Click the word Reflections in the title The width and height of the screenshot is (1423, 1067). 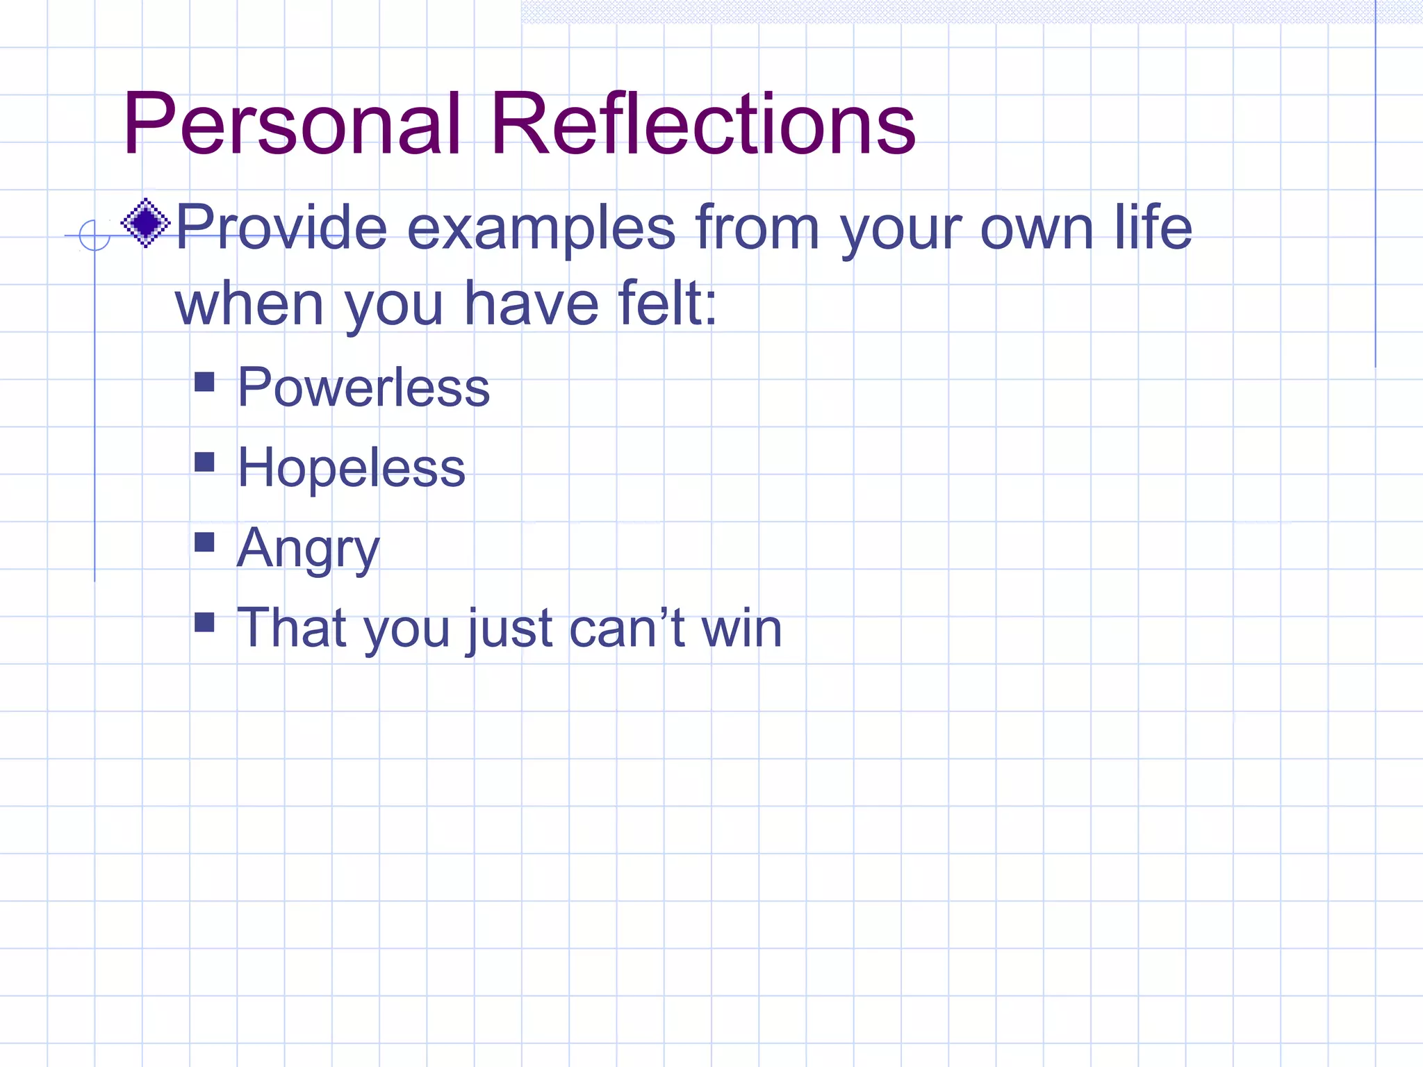pyautogui.click(x=703, y=125)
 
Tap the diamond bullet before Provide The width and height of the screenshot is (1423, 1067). pyautogui.click(x=145, y=223)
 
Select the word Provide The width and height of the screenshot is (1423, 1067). pyautogui.click(x=281, y=228)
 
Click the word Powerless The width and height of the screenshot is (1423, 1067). pyautogui.click(x=363, y=388)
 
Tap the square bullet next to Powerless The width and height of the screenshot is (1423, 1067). pyautogui.click(x=204, y=382)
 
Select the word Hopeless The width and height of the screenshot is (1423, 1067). pyautogui.click(x=352, y=468)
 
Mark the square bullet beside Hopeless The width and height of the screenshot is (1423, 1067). pyautogui.click(x=204, y=462)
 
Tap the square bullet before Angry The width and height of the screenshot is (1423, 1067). pyautogui.click(x=204, y=542)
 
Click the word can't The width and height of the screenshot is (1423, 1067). pyautogui.click(x=627, y=628)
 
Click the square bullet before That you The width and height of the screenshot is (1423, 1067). pyautogui.click(x=204, y=622)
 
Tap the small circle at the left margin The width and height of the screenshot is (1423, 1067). pyautogui.click(x=94, y=235)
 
